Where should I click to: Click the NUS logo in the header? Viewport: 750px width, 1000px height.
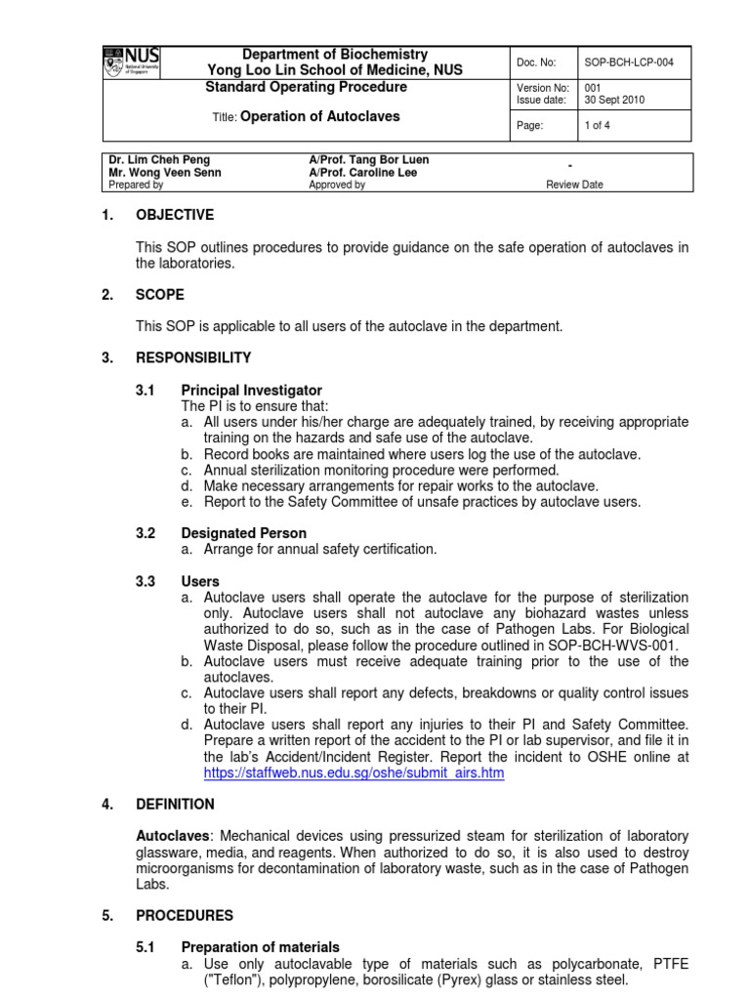point(132,62)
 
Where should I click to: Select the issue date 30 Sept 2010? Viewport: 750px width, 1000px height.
point(616,101)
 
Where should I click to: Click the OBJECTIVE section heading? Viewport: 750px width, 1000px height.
point(174,215)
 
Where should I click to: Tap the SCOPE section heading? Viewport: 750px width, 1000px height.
point(160,294)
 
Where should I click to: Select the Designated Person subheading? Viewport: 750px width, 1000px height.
point(243,533)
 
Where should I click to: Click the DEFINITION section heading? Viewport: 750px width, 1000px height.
point(175,805)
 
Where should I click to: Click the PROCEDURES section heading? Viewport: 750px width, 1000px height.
point(185,916)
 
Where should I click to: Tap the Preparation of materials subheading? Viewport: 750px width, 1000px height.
point(260,947)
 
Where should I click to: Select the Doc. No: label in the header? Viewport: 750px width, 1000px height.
point(537,62)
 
